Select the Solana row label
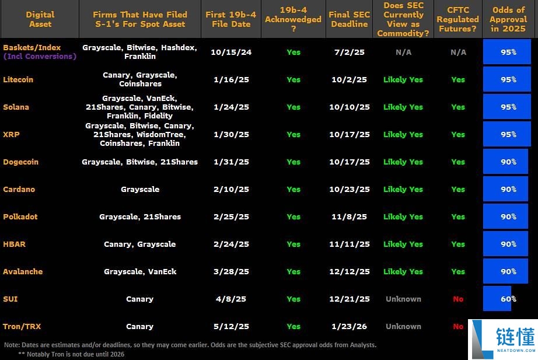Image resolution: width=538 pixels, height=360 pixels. pyautogui.click(x=16, y=107)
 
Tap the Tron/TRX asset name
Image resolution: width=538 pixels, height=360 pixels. pyautogui.click(x=22, y=327)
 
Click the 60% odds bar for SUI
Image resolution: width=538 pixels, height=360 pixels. pyautogui.click(x=497, y=299)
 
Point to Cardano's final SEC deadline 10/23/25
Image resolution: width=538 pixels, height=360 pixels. pyautogui.click(x=349, y=190)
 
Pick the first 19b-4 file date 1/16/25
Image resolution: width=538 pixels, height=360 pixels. pyautogui.click(x=232, y=80)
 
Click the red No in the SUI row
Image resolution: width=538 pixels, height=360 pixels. pyautogui.click(x=458, y=299)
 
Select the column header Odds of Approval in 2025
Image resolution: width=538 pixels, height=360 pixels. pyautogui.click(x=508, y=19)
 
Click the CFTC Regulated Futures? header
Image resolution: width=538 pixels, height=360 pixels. pyautogui.click(x=458, y=19)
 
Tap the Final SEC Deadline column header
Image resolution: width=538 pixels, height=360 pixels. pyautogui.click(x=349, y=19)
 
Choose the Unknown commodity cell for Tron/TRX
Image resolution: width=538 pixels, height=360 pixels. pyautogui.click(x=403, y=327)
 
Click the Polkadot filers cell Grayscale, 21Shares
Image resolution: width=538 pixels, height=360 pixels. pyautogui.click(x=140, y=217)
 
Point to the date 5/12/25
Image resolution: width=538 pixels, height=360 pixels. pyautogui.click(x=232, y=327)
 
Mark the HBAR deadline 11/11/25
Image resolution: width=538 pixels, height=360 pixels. pyautogui.click(x=349, y=244)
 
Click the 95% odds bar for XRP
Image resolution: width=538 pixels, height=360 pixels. pyautogui.click(x=507, y=135)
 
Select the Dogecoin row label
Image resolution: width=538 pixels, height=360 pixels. pyautogui.click(x=20, y=162)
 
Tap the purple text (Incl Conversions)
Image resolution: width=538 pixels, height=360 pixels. pyautogui.click(x=40, y=57)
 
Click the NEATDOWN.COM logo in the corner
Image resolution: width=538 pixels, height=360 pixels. pyautogui.click(x=503, y=339)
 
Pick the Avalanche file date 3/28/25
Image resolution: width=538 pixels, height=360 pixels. pyautogui.click(x=232, y=272)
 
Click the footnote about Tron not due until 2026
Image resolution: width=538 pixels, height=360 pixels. pyautogui.click(x=71, y=354)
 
